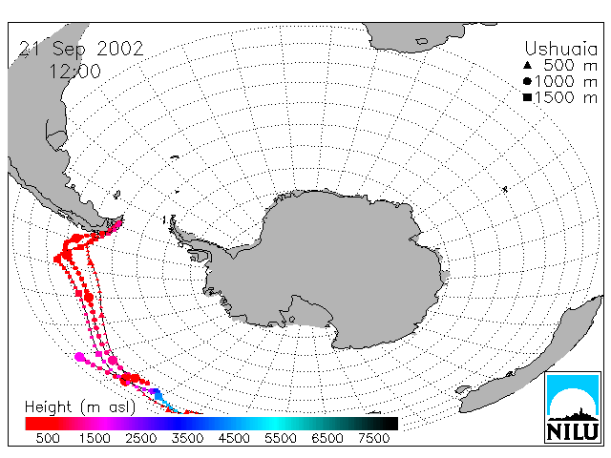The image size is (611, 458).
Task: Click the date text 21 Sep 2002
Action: pyautogui.click(x=81, y=50)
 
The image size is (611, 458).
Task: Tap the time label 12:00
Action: pyautogui.click(x=75, y=72)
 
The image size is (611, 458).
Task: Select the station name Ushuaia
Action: pyautogui.click(x=560, y=49)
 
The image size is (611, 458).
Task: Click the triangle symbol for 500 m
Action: pyautogui.click(x=528, y=65)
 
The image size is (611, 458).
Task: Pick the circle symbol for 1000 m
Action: pyautogui.click(x=528, y=81)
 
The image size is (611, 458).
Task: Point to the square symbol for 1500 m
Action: pyautogui.click(x=528, y=97)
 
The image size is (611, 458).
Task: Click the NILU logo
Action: pyautogui.click(x=573, y=407)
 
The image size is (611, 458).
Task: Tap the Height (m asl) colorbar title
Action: pyautogui.click(x=80, y=407)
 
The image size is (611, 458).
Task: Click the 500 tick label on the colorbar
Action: pyautogui.click(x=48, y=438)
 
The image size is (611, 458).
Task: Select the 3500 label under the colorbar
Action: pyautogui.click(x=187, y=438)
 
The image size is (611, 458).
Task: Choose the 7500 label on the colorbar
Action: pyautogui.click(x=373, y=438)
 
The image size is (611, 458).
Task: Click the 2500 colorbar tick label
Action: pyautogui.click(x=141, y=438)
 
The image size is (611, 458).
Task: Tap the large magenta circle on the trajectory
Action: pyautogui.click(x=80, y=357)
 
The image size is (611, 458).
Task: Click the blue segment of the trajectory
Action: pyautogui.click(x=158, y=394)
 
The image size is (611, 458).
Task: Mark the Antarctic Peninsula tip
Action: pyautogui.click(x=172, y=222)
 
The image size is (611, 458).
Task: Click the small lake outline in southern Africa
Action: pyautogui.click(x=422, y=41)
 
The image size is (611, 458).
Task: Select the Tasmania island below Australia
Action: pyautogui.click(x=464, y=389)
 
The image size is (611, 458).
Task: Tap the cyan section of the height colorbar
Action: pyautogui.click(x=275, y=424)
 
